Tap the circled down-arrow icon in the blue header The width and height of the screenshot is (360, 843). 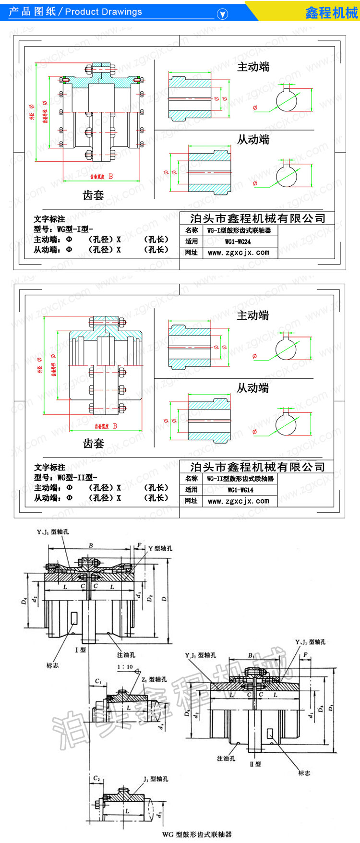pyautogui.click(x=222, y=14)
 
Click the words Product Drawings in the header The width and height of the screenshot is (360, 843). pyautogui.click(x=103, y=12)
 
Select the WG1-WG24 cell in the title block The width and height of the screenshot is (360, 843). pyautogui.click(x=238, y=241)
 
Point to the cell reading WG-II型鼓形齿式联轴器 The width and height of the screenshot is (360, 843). pyautogui.click(x=240, y=479)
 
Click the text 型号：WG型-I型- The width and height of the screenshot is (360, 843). pyautogui.click(x=63, y=229)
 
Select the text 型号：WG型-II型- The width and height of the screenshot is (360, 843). pyautogui.click(x=65, y=477)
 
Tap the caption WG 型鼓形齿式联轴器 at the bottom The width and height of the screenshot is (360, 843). pyautogui.click(x=197, y=834)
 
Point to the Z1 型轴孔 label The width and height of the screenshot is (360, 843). pyautogui.click(x=154, y=679)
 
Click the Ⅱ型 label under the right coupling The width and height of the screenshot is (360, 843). pyautogui.click(x=255, y=764)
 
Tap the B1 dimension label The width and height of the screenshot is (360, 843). pyautogui.click(x=251, y=655)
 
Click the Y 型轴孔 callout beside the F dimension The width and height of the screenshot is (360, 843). pyautogui.click(x=160, y=548)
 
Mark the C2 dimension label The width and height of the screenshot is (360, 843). pyautogui.click(x=96, y=779)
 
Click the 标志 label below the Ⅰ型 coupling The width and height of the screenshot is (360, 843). pyautogui.click(x=52, y=665)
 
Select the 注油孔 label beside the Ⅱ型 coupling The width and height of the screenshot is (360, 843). pyautogui.click(x=226, y=759)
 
